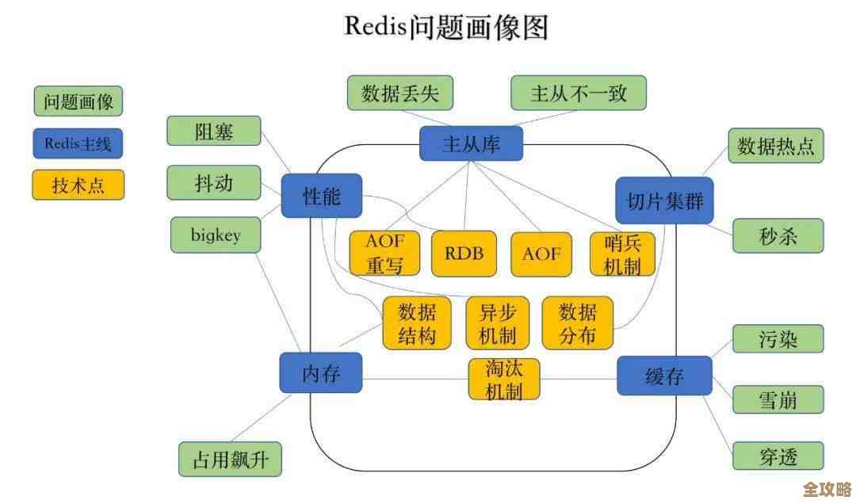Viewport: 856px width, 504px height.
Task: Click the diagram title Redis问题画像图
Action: tap(446, 26)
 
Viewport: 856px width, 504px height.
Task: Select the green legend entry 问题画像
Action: tap(78, 101)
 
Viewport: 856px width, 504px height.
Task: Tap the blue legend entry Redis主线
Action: tap(78, 143)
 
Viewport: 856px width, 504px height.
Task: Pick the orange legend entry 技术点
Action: tap(78, 185)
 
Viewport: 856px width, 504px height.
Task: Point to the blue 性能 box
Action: tap(321, 196)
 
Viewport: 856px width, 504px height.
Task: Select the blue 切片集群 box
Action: tap(664, 200)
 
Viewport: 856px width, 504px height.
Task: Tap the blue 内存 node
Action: tap(320, 373)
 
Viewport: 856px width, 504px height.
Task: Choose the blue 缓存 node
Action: tap(664, 376)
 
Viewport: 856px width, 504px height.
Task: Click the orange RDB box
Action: tap(464, 254)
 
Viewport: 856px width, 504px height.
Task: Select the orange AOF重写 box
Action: tap(384, 254)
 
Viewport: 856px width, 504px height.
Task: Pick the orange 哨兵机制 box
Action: tap(622, 254)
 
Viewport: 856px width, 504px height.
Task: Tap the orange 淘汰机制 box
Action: tap(503, 379)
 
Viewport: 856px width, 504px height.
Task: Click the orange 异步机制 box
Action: tap(497, 323)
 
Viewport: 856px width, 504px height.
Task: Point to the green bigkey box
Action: tap(216, 235)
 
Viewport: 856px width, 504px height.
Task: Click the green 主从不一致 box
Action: tap(578, 94)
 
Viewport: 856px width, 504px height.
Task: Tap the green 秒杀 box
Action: tap(778, 236)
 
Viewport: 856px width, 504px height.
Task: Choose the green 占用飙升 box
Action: tap(230, 460)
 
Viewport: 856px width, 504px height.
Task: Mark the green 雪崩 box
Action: tap(778, 399)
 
